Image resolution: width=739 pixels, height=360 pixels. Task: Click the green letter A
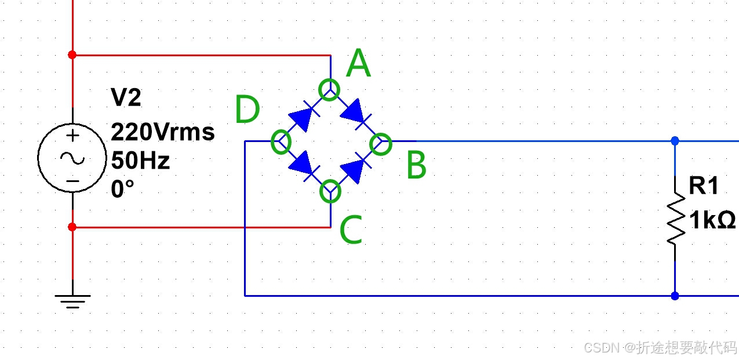click(358, 64)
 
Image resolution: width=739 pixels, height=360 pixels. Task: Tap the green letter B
click(416, 165)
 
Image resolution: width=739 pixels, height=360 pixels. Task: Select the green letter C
click(350, 230)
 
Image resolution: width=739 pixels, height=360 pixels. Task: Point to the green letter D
click(247, 110)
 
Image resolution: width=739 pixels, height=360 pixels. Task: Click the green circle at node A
click(329, 90)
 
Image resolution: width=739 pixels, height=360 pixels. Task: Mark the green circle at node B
click(381, 143)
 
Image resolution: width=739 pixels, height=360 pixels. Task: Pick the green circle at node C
click(330, 190)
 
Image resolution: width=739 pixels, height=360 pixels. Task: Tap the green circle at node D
click(281, 141)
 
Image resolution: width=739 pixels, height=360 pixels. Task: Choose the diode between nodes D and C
click(305, 166)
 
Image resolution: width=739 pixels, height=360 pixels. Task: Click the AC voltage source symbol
click(72, 158)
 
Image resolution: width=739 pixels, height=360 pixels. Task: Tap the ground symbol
click(72, 301)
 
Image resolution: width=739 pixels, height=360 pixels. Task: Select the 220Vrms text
click(163, 133)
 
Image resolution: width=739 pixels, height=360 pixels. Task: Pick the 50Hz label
click(141, 161)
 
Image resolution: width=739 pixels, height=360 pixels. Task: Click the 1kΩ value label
click(712, 220)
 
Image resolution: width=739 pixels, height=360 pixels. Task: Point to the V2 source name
click(126, 98)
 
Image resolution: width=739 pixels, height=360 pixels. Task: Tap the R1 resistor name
click(704, 186)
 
